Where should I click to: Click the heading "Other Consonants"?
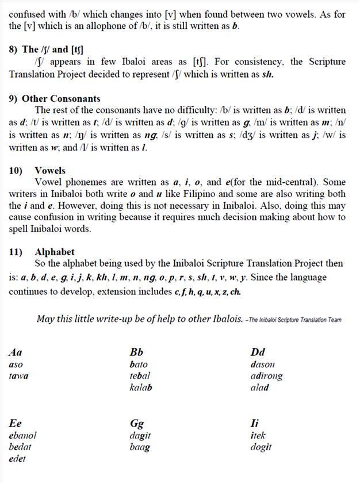point(61,98)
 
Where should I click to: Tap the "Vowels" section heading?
point(50,171)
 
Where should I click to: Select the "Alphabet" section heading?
point(54,252)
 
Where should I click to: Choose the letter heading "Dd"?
point(258,352)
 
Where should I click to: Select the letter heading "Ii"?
point(255,424)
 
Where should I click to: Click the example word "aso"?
point(16,364)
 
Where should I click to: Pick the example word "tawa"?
point(18,376)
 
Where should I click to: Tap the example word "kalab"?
point(141,387)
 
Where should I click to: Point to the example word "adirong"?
point(267,376)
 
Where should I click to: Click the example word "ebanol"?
point(23,436)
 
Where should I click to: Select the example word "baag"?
point(140,447)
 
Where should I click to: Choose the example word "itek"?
point(258,436)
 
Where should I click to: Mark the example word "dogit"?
point(261,447)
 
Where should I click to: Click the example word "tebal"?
point(140,376)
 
